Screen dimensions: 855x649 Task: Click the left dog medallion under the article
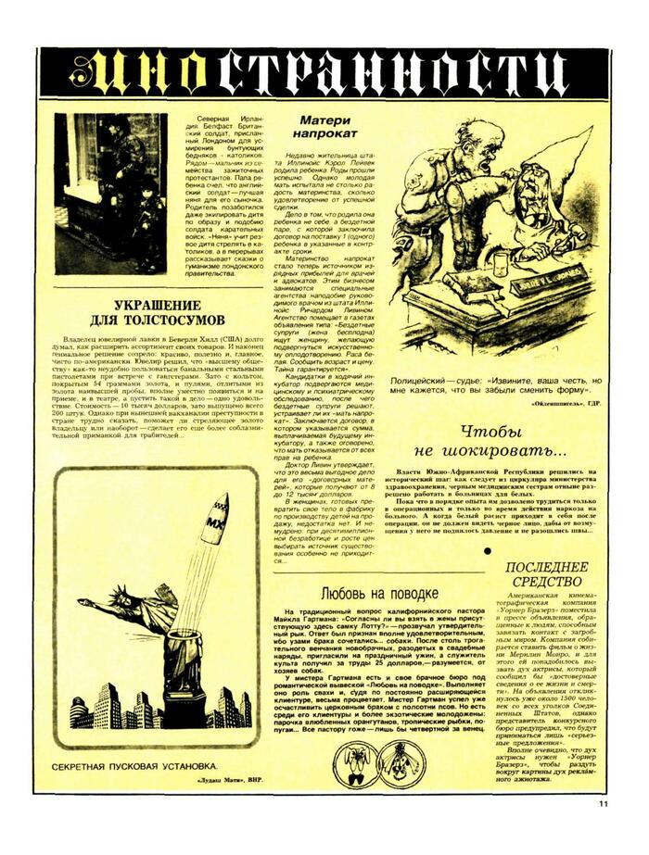coord(354,761)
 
